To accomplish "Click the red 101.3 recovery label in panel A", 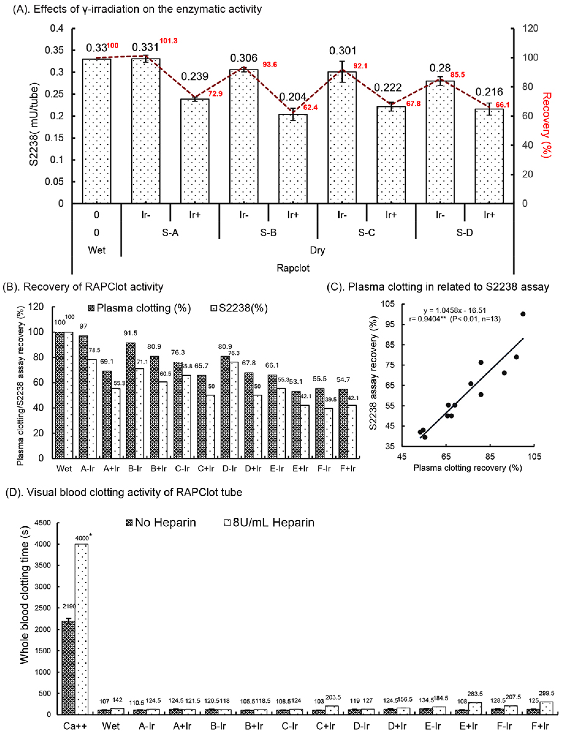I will pyautogui.click(x=168, y=41).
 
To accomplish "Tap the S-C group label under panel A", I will pyautogui.click(x=366, y=233).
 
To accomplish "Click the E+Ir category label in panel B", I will pyautogui.click(x=300, y=469).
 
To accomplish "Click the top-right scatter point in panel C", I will pyautogui.click(x=523, y=314).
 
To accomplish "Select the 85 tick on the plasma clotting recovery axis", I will pyautogui.click(x=490, y=456).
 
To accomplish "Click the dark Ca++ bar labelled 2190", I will pyautogui.click(x=68, y=668).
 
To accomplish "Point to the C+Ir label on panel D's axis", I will pyautogui.click(x=325, y=726).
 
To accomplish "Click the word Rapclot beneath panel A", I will pyautogui.click(x=293, y=268).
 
